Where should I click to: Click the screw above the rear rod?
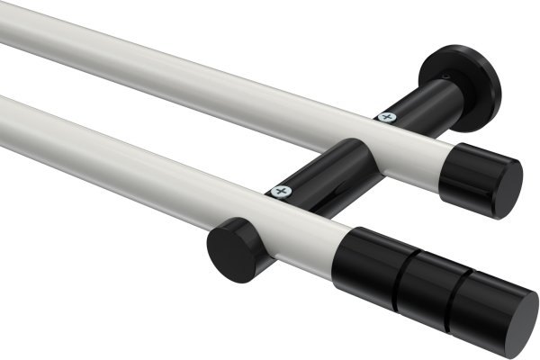click(388, 116)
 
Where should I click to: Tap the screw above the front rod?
click(282, 192)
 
